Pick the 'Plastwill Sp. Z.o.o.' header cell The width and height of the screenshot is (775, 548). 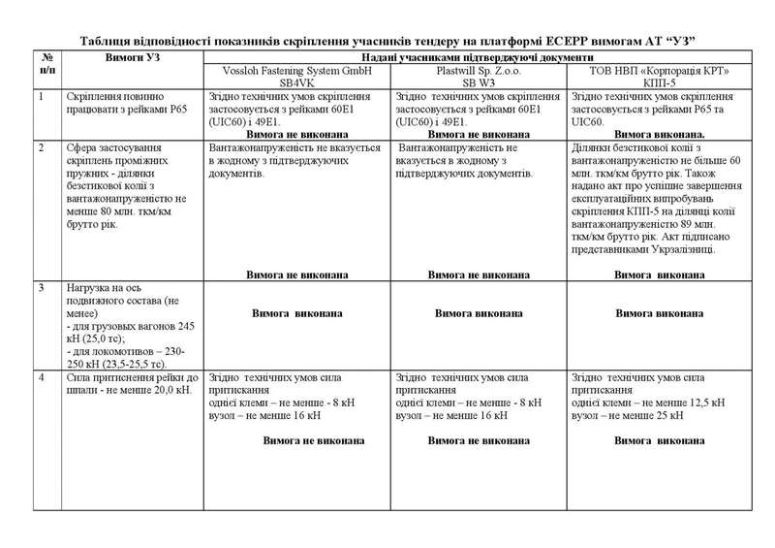click(480, 78)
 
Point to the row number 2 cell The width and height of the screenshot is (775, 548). click(42, 147)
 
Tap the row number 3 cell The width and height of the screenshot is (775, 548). click(42, 289)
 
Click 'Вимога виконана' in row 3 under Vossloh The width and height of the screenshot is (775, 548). click(297, 314)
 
